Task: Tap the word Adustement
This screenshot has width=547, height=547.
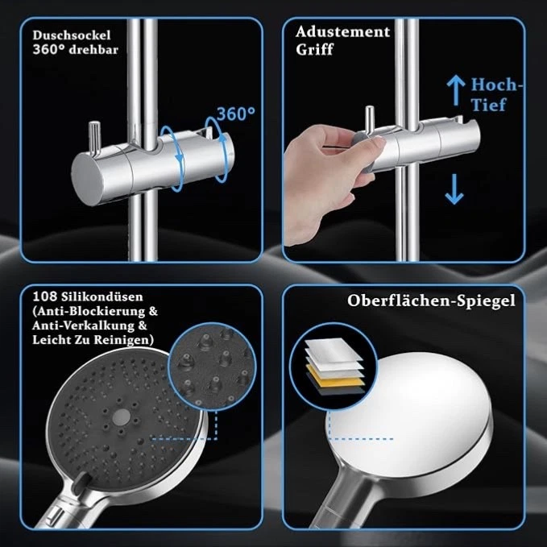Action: click(342, 33)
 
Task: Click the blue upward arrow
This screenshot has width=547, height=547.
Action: click(454, 89)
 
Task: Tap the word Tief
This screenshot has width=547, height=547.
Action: click(489, 105)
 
